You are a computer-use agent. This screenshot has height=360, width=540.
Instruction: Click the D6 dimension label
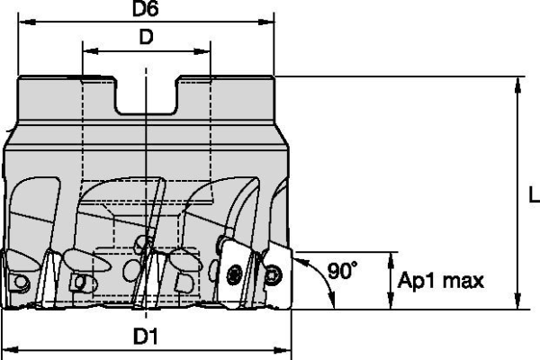pos(146,9)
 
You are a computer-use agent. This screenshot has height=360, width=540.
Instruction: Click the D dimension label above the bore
pos(146,37)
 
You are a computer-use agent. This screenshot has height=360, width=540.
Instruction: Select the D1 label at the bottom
pos(146,337)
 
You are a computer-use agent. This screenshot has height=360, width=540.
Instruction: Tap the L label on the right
pos(534,194)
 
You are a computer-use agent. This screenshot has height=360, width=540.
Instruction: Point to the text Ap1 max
pos(441,281)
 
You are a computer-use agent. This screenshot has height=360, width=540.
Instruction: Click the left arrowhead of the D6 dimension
pos(27,22)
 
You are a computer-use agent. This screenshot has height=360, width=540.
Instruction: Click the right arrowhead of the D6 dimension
pos(265,22)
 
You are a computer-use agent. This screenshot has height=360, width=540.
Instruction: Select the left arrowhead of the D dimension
pos(91,51)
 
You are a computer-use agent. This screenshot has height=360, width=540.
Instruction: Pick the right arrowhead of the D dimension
pos(202,51)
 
